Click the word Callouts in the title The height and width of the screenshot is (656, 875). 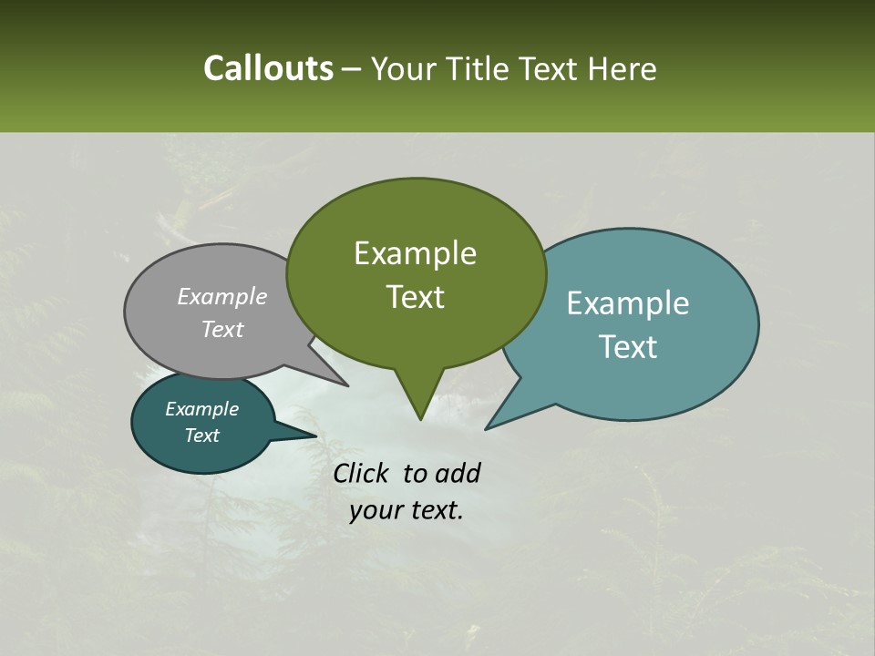(268, 68)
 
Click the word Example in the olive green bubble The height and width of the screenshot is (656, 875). (415, 253)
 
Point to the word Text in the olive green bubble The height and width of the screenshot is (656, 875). (415, 297)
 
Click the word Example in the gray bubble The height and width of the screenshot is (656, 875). (222, 296)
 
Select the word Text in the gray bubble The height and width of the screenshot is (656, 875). (222, 329)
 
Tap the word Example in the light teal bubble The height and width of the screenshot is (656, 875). (628, 303)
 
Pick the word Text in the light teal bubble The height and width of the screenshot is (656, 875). (628, 346)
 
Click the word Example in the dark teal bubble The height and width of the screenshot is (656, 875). (201, 409)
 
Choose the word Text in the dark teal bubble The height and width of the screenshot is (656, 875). (201, 436)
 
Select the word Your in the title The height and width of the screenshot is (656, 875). (402, 68)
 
